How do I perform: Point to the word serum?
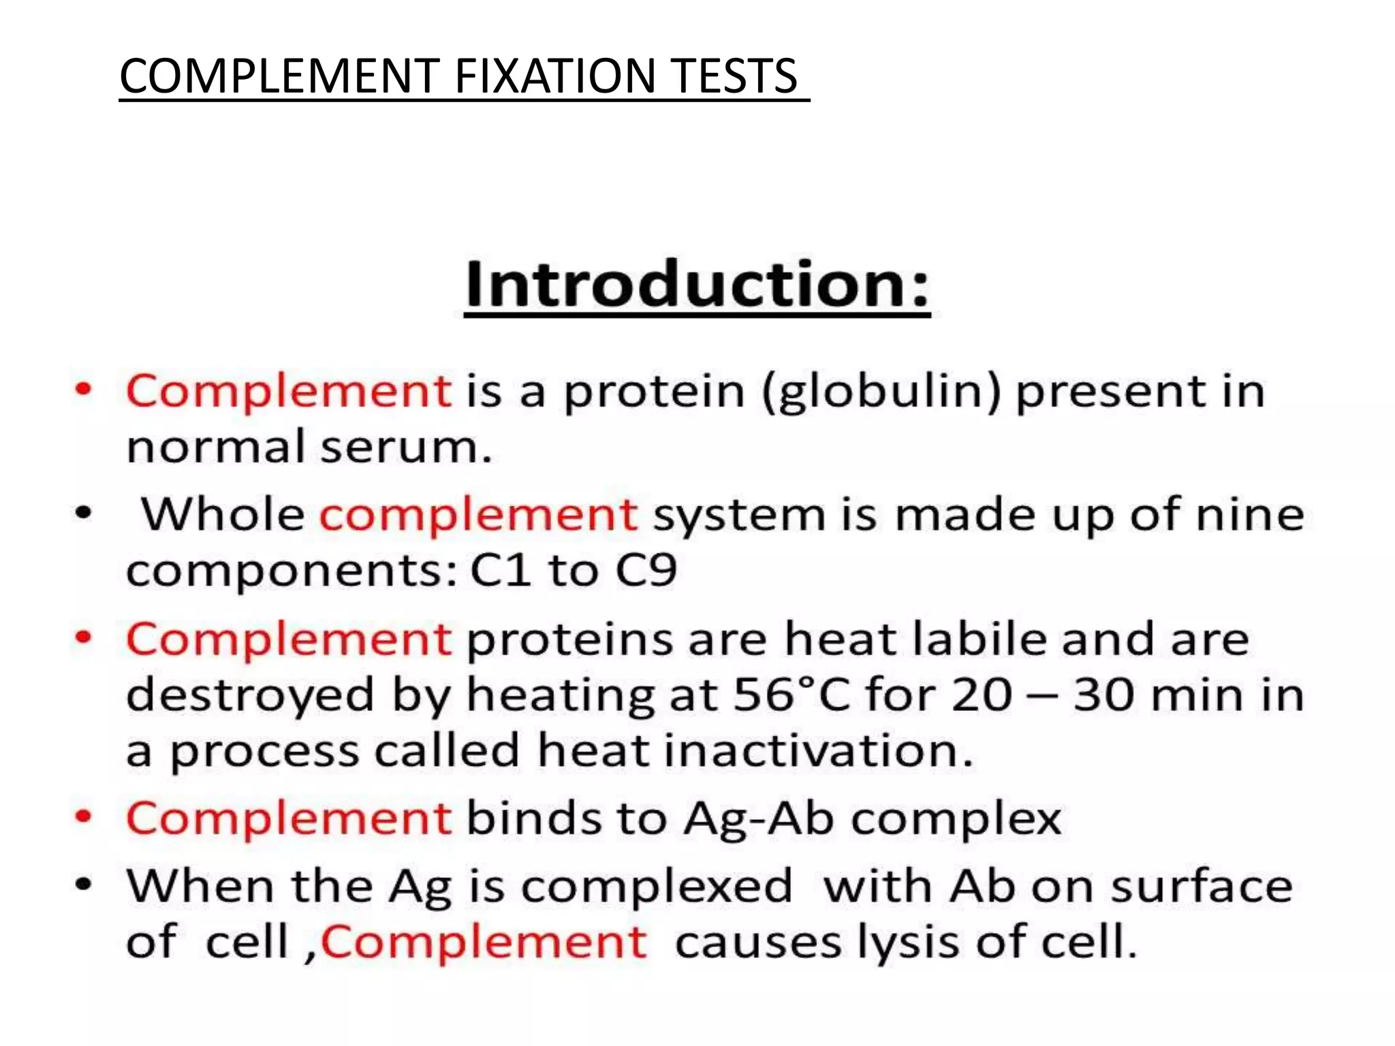click(406, 448)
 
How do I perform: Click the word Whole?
click(223, 514)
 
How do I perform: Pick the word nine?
click(1250, 514)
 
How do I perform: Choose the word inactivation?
click(819, 751)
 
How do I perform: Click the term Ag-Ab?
click(759, 819)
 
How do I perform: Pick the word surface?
click(1202, 887)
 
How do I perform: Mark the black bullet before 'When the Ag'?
click(83, 885)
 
